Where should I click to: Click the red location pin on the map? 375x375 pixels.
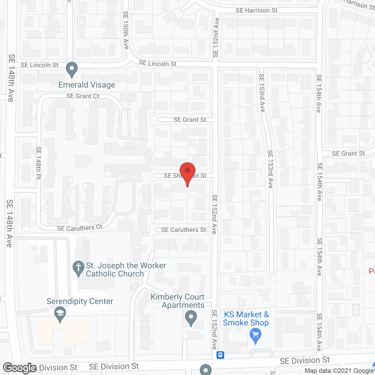[187, 172]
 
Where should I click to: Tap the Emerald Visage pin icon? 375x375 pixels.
[72, 69]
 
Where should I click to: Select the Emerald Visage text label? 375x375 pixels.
[87, 85]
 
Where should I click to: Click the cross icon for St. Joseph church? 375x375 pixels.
[79, 268]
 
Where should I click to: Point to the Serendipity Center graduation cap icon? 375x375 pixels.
[60, 314]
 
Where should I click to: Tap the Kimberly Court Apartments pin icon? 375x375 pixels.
[191, 317]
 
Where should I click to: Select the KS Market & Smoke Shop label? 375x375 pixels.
[246, 318]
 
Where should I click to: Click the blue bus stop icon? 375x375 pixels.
[220, 355]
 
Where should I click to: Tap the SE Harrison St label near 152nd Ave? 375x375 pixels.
[256, 11]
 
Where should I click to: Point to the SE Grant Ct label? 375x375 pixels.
[83, 96]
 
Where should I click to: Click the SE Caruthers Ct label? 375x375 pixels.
[80, 228]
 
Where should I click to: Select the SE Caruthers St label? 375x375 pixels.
[183, 230]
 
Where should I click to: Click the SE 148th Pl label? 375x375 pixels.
[39, 162]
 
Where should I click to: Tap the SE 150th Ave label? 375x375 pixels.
[126, 30]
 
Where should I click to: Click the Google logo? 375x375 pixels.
[20, 368]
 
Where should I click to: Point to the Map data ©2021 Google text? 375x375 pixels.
[339, 371]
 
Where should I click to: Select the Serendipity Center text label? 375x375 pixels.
[80, 301]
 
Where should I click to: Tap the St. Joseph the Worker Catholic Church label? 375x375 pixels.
[126, 270]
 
